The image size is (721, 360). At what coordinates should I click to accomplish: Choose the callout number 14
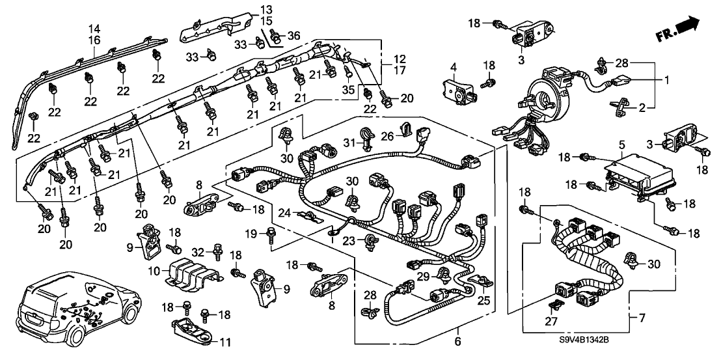(94, 28)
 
